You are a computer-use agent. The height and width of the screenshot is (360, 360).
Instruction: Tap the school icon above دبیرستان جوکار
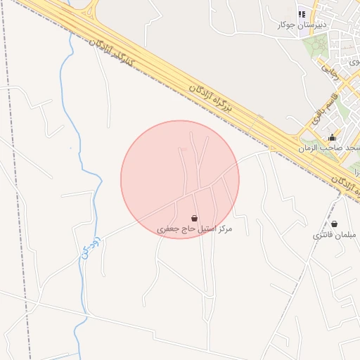tap(302, 14)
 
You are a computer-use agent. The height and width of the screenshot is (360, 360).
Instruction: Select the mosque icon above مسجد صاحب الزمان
tap(332, 137)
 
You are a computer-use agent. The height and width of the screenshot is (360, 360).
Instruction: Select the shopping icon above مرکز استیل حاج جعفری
tap(194, 219)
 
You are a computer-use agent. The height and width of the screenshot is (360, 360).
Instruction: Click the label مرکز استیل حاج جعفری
tap(194, 229)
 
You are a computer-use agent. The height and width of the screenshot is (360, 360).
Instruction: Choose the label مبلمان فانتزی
tap(335, 236)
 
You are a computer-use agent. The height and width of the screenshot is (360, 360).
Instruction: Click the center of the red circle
tap(180, 179)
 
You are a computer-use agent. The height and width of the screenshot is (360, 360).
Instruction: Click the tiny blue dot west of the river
tap(70, 148)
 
